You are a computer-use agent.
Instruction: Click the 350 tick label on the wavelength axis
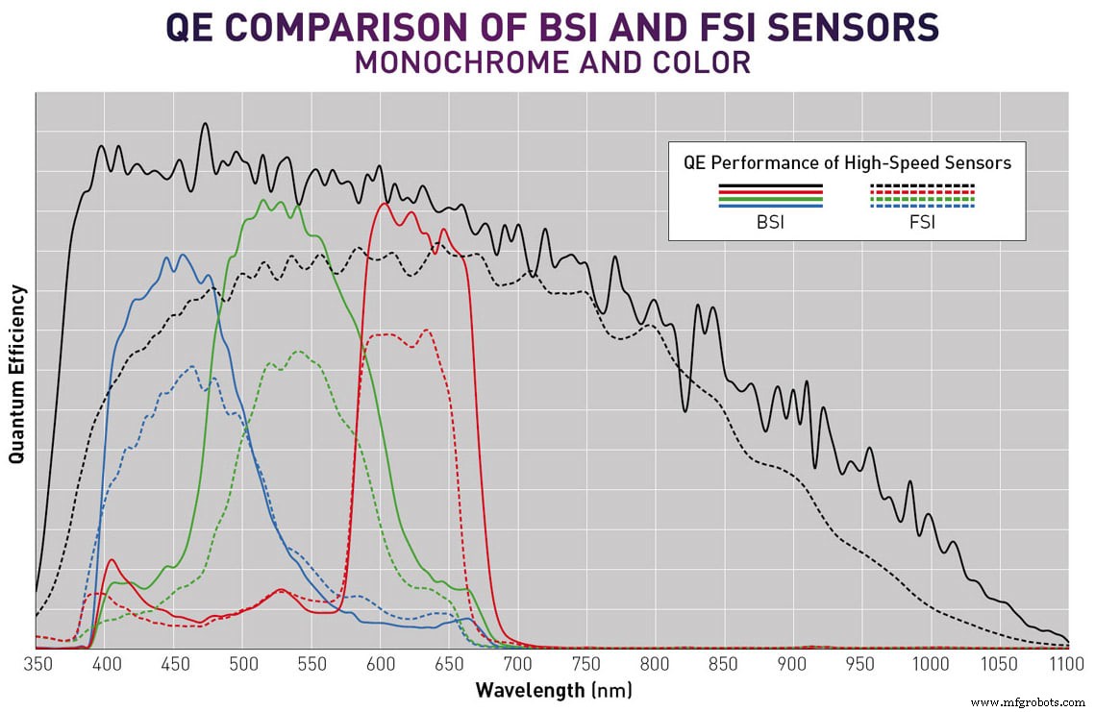coord(36,665)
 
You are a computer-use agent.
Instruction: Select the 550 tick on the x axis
coord(311,665)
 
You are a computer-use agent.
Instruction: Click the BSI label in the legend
coord(771,222)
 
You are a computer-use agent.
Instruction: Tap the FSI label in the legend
coord(922,222)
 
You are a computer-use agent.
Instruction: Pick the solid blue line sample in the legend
coord(771,206)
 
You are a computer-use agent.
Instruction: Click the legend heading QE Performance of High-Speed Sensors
coord(847,162)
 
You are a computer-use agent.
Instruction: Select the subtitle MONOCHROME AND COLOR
coord(553,63)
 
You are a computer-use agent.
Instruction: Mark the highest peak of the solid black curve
coord(205,123)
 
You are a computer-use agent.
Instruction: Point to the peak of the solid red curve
coord(386,203)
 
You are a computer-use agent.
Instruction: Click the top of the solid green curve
coord(263,200)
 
